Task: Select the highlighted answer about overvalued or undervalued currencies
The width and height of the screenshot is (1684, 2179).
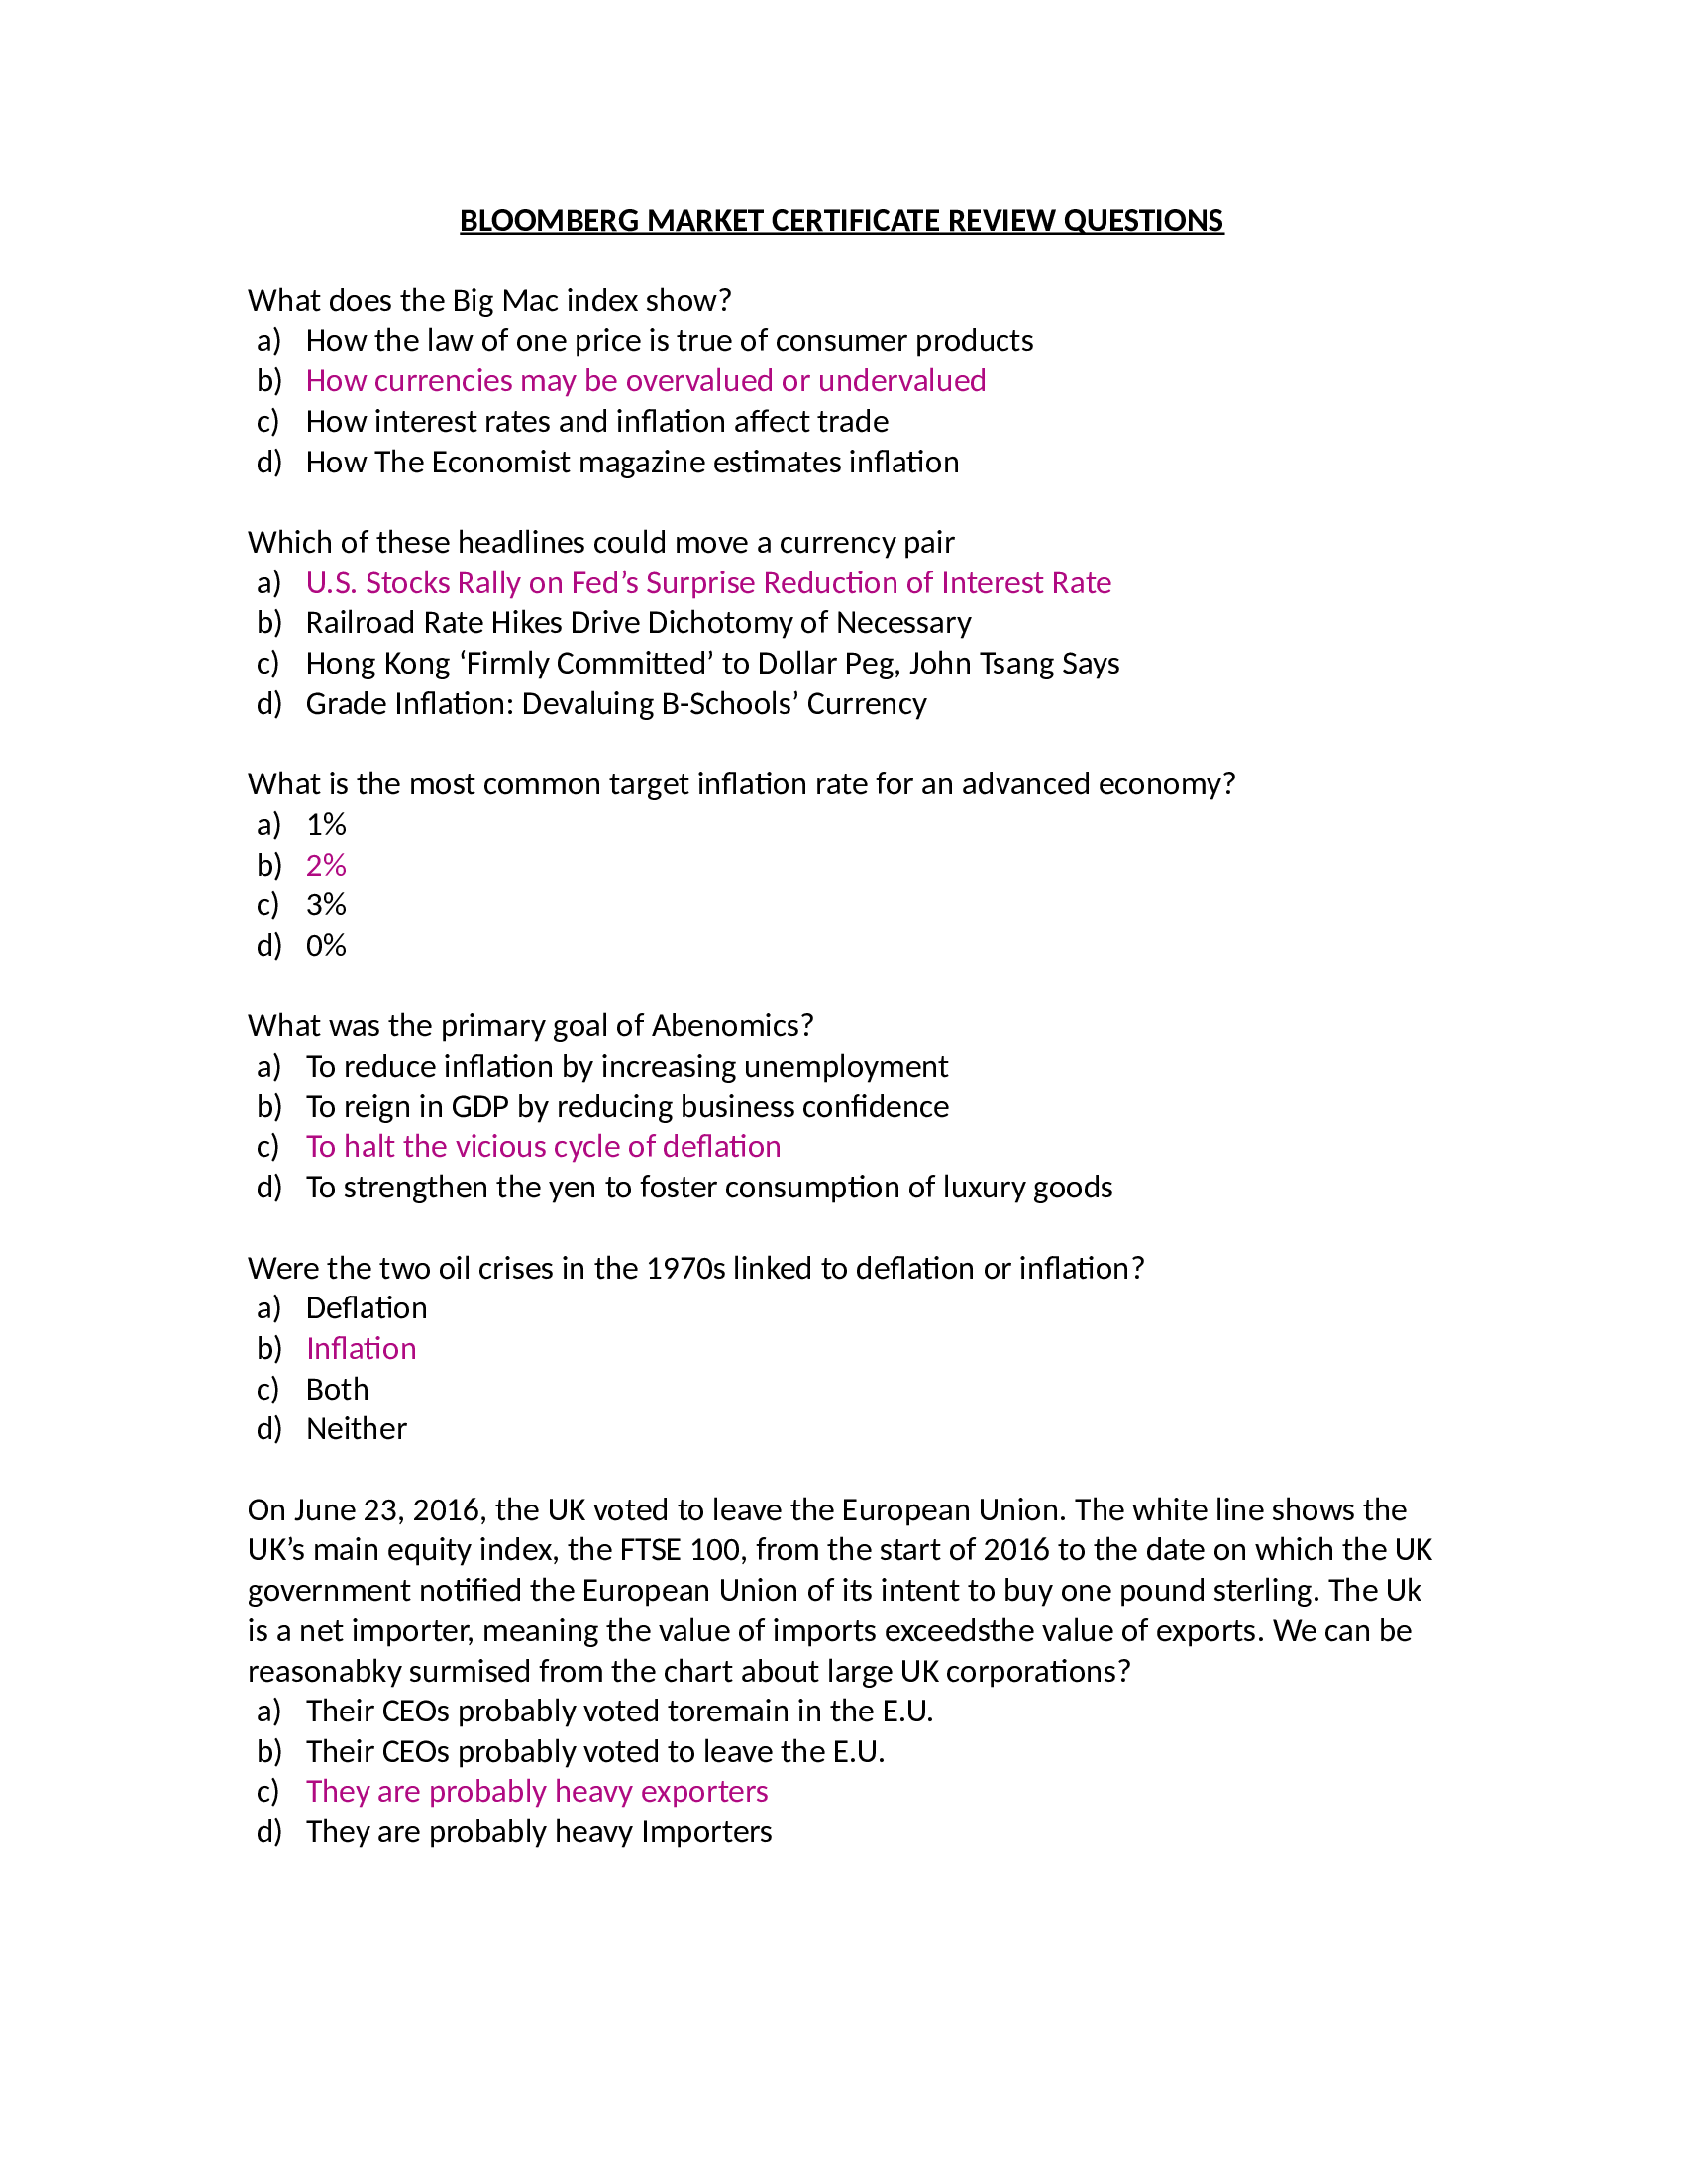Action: point(646,381)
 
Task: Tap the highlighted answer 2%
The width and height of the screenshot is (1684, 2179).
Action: point(326,865)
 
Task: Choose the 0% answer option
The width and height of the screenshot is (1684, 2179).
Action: point(326,946)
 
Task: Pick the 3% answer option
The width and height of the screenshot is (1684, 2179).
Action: point(326,905)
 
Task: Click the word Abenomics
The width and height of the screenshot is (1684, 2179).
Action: point(731,1026)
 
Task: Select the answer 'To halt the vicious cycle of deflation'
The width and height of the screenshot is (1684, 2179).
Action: point(543,1147)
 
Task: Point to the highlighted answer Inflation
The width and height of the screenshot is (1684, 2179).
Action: point(362,1349)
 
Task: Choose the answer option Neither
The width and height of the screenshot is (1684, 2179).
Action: point(357,1429)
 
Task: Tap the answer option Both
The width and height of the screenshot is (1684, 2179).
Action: point(337,1390)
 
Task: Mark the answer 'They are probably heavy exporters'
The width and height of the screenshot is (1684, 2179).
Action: point(537,1792)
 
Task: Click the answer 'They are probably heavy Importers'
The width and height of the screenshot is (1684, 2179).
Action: point(539,1832)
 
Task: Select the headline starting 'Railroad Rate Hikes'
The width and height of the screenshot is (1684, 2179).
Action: point(639,624)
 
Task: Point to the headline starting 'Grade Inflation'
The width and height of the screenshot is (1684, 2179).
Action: point(615,704)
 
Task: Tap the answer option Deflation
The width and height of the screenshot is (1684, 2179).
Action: point(367,1309)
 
